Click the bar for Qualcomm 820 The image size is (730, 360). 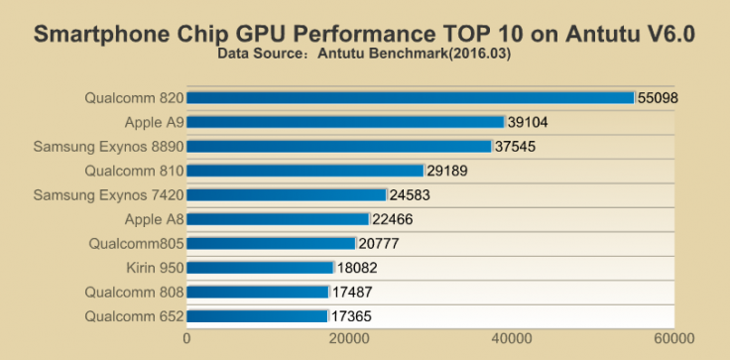click(x=410, y=97)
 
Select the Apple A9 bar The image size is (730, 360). click(x=345, y=122)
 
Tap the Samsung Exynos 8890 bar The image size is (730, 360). click(x=339, y=146)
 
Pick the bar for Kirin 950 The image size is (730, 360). click(x=260, y=268)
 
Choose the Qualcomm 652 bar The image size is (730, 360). click(x=257, y=316)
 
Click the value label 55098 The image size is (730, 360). click(x=658, y=97)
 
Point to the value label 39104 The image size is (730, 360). click(x=528, y=122)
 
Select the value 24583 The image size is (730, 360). click(x=410, y=195)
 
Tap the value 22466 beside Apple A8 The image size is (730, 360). click(x=392, y=219)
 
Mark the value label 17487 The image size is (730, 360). click(x=352, y=293)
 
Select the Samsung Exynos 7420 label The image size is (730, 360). click(x=107, y=194)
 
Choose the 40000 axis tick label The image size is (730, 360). click(x=513, y=338)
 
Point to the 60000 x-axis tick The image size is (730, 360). click(x=675, y=338)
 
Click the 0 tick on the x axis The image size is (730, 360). click(x=186, y=338)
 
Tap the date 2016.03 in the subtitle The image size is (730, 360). click(x=481, y=54)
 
